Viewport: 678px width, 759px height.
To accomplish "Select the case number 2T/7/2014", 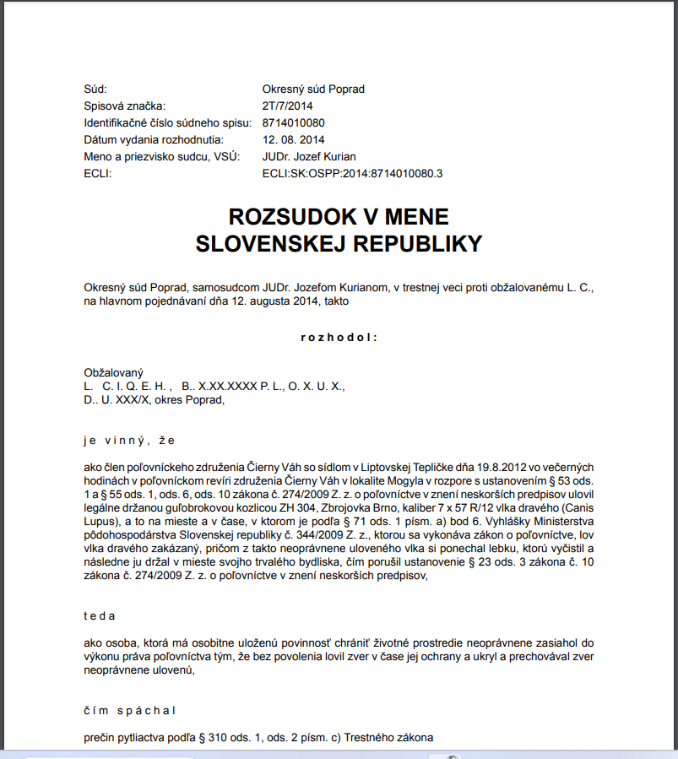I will click(x=287, y=106).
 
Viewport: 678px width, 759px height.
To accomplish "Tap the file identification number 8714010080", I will click(x=293, y=122).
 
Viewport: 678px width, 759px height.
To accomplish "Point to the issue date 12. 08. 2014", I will click(x=293, y=139).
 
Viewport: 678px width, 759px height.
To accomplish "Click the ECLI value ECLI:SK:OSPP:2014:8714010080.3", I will click(x=353, y=173).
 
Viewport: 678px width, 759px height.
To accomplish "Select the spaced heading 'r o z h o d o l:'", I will click(x=339, y=338).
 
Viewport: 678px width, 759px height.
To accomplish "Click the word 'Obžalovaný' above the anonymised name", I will click(x=114, y=372).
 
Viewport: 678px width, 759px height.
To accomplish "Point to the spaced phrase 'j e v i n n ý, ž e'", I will click(x=129, y=440).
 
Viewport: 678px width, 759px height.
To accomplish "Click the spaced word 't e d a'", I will click(x=100, y=615).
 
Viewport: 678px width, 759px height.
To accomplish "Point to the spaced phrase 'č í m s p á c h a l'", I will click(x=129, y=710).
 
